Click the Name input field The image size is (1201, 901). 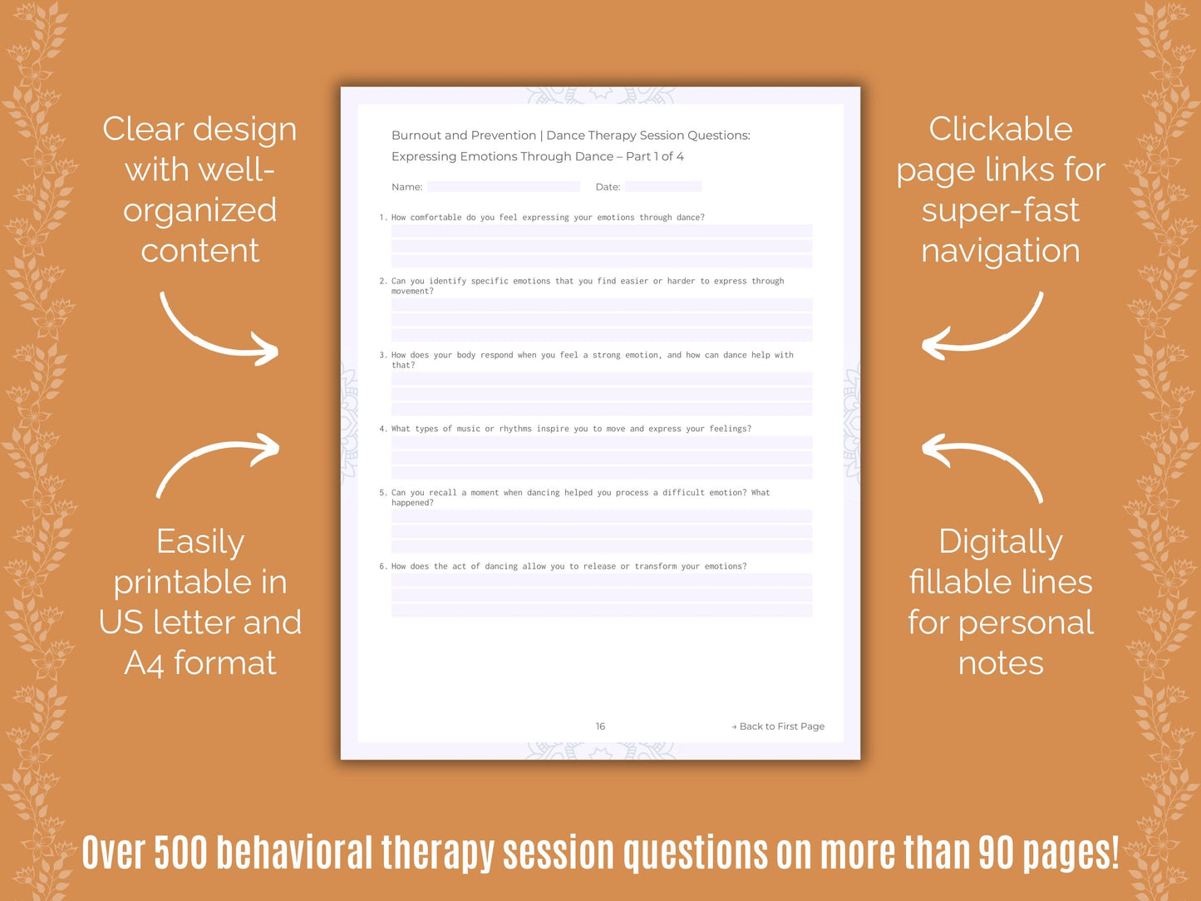[x=504, y=187]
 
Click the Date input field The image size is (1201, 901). [x=663, y=187]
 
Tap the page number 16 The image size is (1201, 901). [x=600, y=726]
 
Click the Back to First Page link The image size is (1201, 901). [x=778, y=726]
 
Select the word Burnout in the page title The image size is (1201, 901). [x=416, y=135]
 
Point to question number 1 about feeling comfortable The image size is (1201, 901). [x=548, y=218]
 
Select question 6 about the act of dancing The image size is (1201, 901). [x=569, y=567]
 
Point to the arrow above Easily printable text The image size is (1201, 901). [x=218, y=464]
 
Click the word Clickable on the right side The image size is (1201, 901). [x=1001, y=130]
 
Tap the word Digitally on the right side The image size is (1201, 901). [x=1001, y=543]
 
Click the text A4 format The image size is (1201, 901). [x=200, y=663]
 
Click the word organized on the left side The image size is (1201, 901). [x=200, y=210]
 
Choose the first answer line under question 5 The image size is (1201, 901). [x=602, y=516]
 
